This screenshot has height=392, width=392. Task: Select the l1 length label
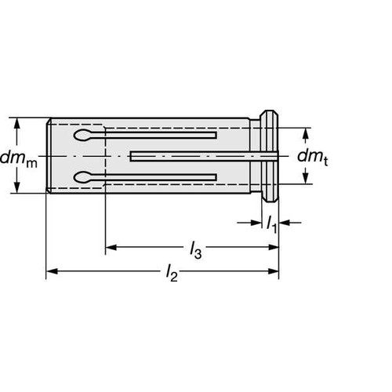click(271, 225)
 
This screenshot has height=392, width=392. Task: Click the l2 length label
click(172, 274)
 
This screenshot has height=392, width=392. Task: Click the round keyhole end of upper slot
click(84, 137)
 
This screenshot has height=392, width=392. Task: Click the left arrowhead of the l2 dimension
click(51, 272)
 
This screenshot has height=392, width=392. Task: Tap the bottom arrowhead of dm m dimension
click(16, 189)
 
